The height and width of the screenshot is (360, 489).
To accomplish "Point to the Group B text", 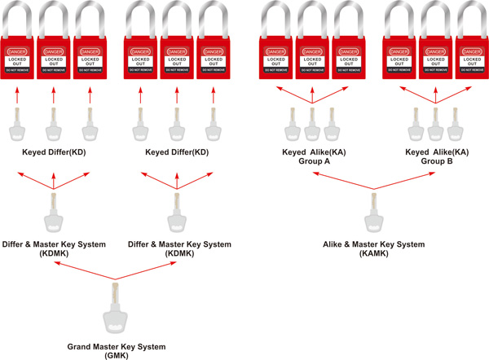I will click(x=437, y=161).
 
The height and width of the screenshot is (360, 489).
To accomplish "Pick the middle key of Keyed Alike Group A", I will click(x=312, y=123).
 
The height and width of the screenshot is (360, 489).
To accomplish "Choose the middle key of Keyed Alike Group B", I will click(x=436, y=123).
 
